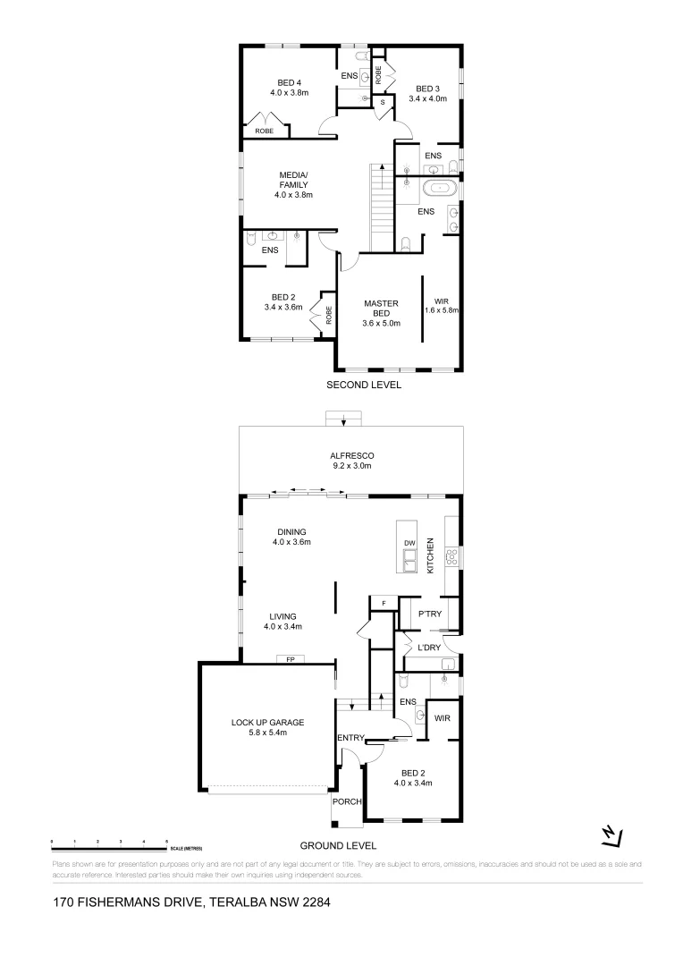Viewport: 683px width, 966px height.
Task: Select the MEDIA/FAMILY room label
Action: pyautogui.click(x=293, y=184)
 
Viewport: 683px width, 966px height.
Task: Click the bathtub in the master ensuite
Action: pyautogui.click(x=438, y=188)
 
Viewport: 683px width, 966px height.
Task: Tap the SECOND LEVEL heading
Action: pyautogui.click(x=363, y=386)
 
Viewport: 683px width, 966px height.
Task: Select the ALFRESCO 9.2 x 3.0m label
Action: pyautogui.click(x=350, y=461)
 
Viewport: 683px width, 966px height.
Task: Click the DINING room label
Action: pyautogui.click(x=292, y=537)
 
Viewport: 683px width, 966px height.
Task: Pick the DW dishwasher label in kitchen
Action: pyautogui.click(x=409, y=543)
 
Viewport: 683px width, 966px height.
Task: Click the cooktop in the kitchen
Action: pyautogui.click(x=451, y=556)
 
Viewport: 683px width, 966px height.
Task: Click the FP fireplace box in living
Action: pyautogui.click(x=291, y=660)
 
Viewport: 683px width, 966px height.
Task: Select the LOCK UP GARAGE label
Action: pyautogui.click(x=268, y=727)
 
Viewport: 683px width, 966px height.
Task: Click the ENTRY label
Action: pyautogui.click(x=349, y=737)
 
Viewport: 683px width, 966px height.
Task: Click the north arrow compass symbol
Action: pyautogui.click(x=611, y=835)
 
